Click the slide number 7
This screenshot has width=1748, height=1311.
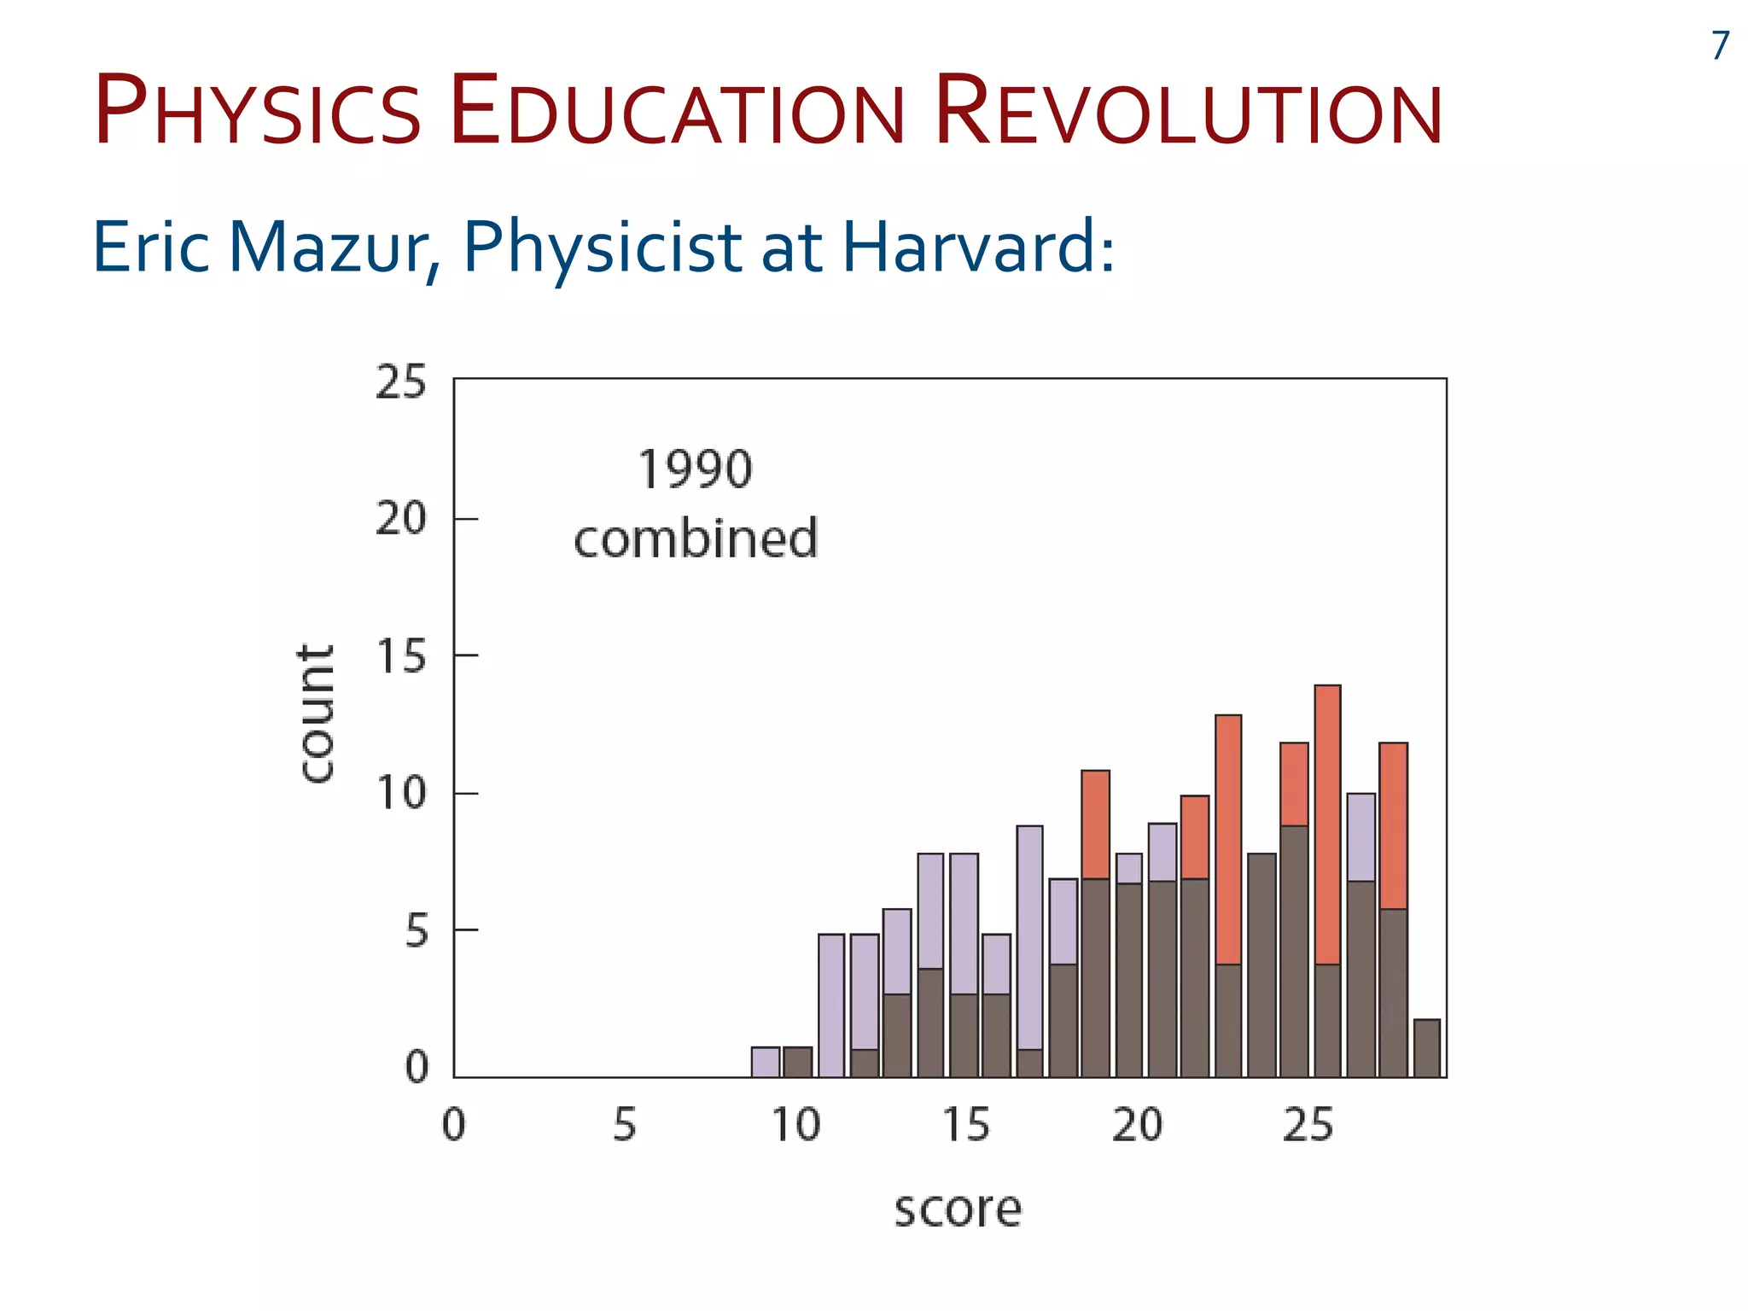1720,46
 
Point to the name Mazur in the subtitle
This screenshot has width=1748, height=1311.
328,248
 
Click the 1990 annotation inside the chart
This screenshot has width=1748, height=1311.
695,470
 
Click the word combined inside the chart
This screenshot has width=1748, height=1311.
695,539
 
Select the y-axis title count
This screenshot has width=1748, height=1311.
316,714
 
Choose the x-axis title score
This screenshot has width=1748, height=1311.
957,1209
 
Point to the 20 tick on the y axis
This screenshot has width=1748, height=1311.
400,518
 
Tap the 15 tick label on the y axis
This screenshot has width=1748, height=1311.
400,656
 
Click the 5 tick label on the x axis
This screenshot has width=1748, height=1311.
625,1125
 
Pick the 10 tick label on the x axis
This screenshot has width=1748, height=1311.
795,1125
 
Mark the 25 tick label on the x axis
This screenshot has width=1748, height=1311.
1308,1125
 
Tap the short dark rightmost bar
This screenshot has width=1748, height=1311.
1426,1048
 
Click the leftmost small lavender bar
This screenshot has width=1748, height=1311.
765,1062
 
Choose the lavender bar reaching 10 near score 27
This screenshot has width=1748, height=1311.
1361,836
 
